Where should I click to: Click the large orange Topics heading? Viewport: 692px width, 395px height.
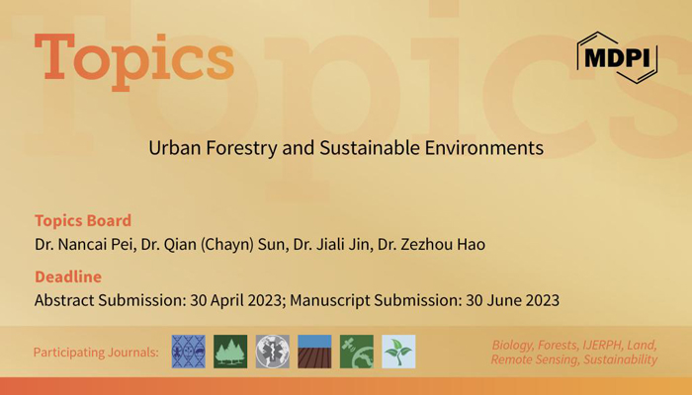(x=134, y=61)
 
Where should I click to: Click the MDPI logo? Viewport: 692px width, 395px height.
(x=618, y=57)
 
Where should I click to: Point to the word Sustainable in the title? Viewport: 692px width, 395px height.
(x=370, y=148)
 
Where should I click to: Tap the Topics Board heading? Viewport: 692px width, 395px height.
(x=83, y=220)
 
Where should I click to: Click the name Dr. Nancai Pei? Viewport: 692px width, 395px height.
(x=84, y=244)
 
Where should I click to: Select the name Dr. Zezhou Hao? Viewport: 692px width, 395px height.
(x=431, y=244)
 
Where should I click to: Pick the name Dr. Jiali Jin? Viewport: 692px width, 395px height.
(x=331, y=244)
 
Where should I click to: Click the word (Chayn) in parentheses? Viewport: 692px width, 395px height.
(x=227, y=245)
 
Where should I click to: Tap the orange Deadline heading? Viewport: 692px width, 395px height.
(x=68, y=276)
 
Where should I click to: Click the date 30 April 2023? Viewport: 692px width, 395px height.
(x=235, y=300)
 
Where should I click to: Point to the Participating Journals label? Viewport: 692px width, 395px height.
(x=96, y=353)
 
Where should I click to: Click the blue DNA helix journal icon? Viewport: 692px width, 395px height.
(x=189, y=352)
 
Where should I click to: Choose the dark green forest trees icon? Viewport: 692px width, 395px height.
(x=230, y=352)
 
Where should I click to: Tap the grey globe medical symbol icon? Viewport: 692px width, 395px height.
(x=273, y=352)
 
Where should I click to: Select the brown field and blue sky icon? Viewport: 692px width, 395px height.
(x=314, y=352)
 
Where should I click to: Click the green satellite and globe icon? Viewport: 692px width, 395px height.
(x=357, y=352)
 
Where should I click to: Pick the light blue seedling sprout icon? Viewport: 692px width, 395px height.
(x=398, y=352)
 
